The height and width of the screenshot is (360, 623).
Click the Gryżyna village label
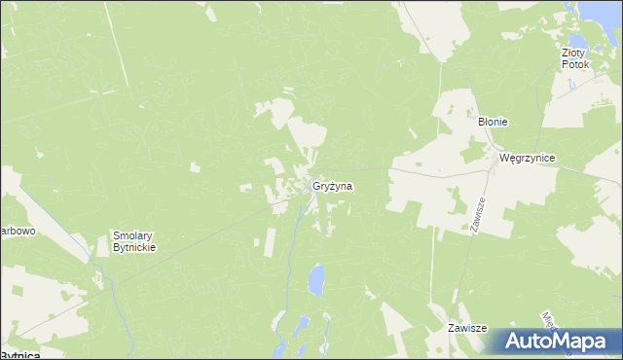point(333,185)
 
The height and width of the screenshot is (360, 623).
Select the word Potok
point(575,64)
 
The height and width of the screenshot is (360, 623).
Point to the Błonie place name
point(492,122)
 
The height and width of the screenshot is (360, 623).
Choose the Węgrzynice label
point(527,157)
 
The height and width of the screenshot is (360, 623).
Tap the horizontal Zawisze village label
point(465,329)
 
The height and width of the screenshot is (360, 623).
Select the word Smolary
point(134,235)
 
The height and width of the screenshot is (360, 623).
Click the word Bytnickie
point(134,247)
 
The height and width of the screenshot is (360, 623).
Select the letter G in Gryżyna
point(316,185)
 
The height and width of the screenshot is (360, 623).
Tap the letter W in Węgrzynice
point(503,157)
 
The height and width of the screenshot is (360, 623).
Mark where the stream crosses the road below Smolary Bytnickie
point(109,277)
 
